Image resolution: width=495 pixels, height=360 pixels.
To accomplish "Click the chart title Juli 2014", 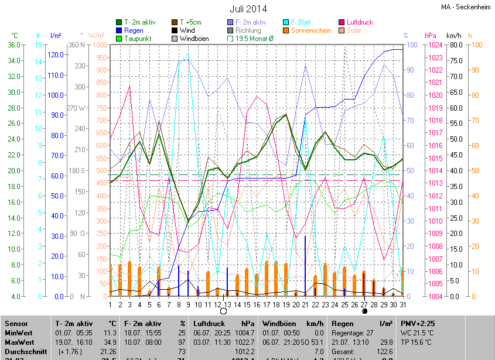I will pyautogui.click(x=248, y=9).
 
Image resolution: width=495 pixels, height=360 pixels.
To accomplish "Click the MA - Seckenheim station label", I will pyautogui.click(x=466, y=7).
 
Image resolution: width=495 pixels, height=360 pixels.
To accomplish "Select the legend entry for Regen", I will pyautogui.click(x=134, y=30).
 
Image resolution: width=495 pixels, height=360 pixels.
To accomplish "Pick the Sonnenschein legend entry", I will pyautogui.click(x=311, y=30).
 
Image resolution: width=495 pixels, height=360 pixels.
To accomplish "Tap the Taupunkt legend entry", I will pyautogui.click(x=138, y=39).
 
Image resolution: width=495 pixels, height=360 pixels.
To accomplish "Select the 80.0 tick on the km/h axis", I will pyautogui.click(x=457, y=45).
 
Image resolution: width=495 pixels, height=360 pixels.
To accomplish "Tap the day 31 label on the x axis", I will pyautogui.click(x=403, y=304).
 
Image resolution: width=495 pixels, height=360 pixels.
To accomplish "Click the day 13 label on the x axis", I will pyautogui.click(x=227, y=304).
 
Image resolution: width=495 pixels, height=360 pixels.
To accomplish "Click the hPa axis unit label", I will pyautogui.click(x=431, y=35).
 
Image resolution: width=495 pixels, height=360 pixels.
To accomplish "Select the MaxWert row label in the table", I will pyautogui.click(x=19, y=341).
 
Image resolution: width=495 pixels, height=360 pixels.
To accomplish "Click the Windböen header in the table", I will pyautogui.click(x=279, y=323).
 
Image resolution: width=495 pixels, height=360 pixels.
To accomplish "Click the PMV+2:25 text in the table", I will pyautogui.click(x=418, y=323).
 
